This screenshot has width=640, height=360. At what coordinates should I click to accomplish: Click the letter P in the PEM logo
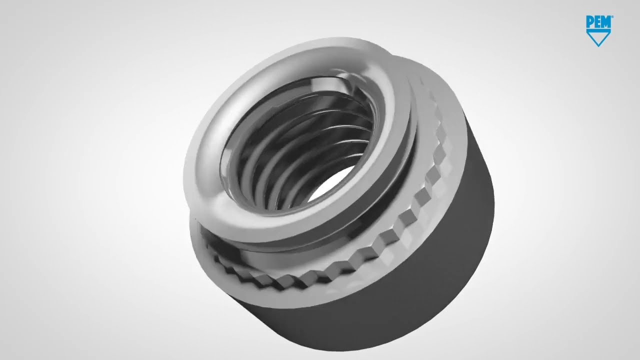(x=590, y=21)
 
